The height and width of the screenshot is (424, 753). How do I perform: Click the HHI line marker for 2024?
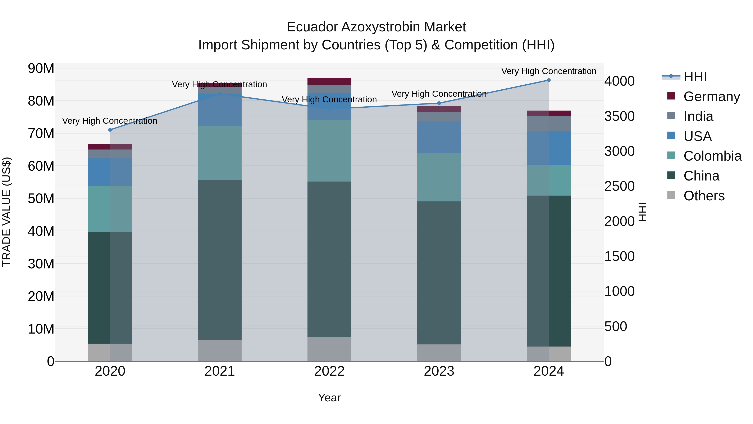coord(549,80)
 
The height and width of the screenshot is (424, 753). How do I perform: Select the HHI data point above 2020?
coord(110,130)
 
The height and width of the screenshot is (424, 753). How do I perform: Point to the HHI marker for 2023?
coord(439,103)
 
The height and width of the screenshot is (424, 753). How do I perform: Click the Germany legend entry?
coord(712,97)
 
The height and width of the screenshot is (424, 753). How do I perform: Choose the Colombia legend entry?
coord(712,156)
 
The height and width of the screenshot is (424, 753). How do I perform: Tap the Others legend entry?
coord(704,196)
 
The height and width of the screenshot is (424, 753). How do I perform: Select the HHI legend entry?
coord(695,77)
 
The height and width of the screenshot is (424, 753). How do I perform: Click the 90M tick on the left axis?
coord(41,68)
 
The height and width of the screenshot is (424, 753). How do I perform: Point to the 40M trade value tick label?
coord(41,231)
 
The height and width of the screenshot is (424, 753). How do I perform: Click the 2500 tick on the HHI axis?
coord(619,186)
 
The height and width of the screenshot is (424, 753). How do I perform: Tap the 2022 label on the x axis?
coord(329,371)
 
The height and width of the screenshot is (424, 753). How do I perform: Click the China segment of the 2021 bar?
coord(220,260)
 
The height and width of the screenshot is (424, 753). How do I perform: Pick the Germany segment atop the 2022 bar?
coord(329,81)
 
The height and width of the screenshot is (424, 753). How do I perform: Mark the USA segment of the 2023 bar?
coord(439,137)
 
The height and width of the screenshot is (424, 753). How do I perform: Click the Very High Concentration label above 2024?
coord(549,71)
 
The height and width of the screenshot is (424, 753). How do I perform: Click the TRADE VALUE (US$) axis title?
coord(6,212)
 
